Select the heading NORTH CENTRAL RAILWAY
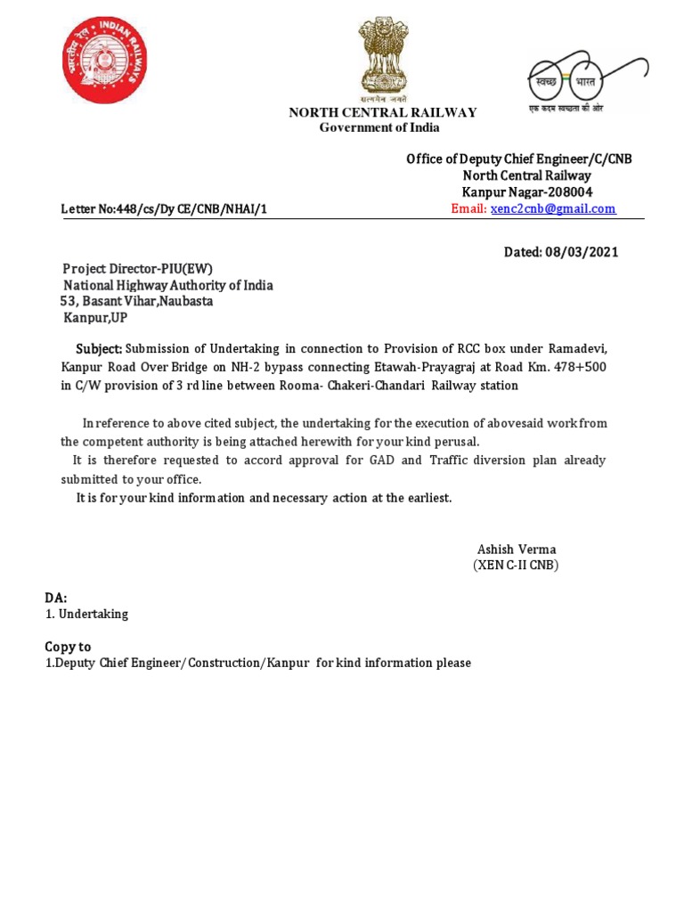click(382, 112)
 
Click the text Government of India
click(379, 127)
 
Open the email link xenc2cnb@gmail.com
click(553, 208)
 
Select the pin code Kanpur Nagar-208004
click(526, 192)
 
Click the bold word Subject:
click(98, 348)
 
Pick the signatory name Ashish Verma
click(517, 550)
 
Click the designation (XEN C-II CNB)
click(516, 566)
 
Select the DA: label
click(56, 598)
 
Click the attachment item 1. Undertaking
click(86, 615)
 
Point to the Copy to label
click(68, 647)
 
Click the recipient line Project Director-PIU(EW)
click(138, 269)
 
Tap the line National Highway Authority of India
click(167, 286)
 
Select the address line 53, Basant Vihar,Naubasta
click(136, 301)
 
